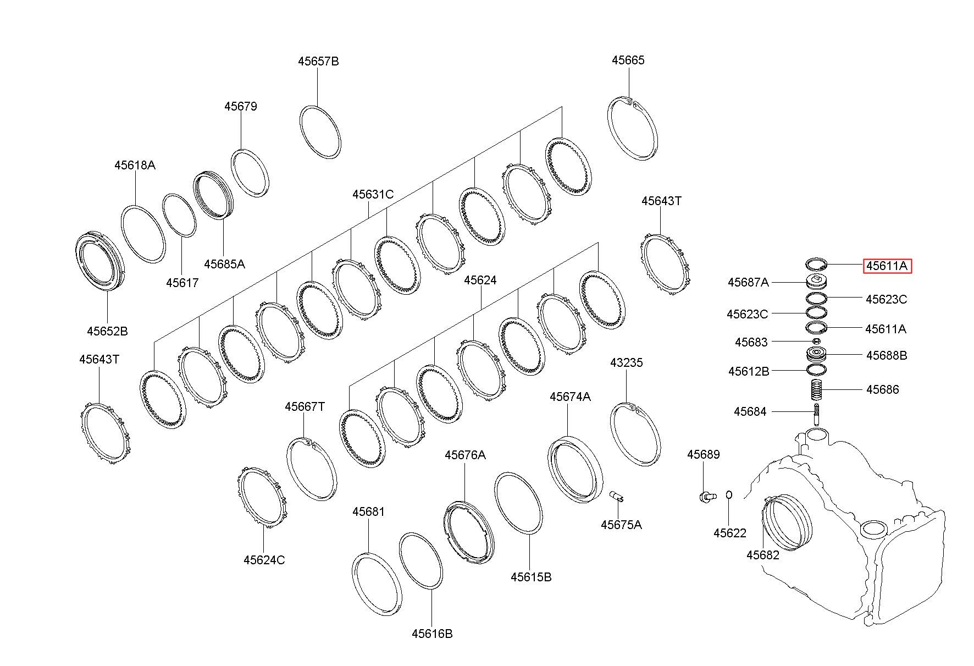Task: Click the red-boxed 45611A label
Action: tap(887, 266)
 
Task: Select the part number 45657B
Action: tap(318, 61)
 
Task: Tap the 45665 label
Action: tap(628, 60)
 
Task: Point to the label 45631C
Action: tap(373, 194)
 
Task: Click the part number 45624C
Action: tap(264, 560)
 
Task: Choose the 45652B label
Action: tap(107, 331)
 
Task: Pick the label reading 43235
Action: tap(626, 362)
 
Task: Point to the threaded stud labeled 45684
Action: tap(817, 414)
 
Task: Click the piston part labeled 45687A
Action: tap(816, 282)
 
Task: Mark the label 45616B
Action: tap(432, 634)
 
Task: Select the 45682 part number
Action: tap(763, 555)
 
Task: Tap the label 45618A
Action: tap(135, 165)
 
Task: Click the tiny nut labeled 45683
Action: tap(816, 342)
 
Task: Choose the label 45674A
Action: tap(570, 397)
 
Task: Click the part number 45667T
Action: tap(305, 406)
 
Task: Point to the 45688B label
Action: tap(887, 355)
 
